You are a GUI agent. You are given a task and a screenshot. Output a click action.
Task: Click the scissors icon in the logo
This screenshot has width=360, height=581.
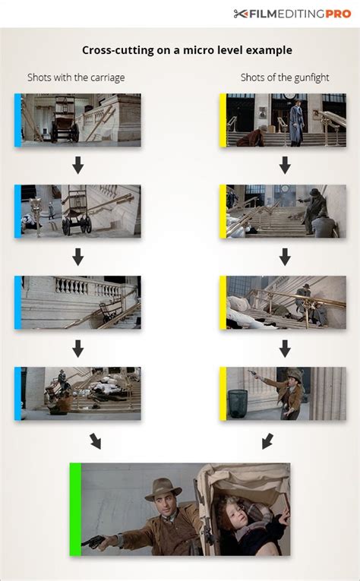click(x=241, y=14)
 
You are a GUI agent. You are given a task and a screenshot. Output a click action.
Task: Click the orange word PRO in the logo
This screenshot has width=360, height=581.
click(x=338, y=14)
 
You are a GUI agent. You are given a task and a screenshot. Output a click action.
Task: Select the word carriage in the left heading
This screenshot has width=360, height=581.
click(x=106, y=78)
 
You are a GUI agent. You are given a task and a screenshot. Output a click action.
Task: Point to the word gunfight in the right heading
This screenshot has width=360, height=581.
click(x=311, y=77)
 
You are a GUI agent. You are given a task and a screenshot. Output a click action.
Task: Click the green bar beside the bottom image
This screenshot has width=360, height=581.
click(x=75, y=509)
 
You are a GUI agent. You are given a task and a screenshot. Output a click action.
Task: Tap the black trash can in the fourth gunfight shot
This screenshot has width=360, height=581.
click(x=238, y=403)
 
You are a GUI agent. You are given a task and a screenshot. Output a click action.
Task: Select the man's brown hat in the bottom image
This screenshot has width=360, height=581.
click(x=163, y=489)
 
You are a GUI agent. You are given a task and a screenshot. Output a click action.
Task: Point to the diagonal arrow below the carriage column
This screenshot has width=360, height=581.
click(x=95, y=441)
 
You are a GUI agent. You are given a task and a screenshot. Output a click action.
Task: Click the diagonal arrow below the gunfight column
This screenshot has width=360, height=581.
click(x=267, y=441)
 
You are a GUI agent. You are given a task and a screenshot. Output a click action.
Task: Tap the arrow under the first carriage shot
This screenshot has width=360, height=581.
click(x=77, y=166)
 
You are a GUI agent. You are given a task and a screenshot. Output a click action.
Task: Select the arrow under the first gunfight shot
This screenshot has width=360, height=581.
click(x=285, y=166)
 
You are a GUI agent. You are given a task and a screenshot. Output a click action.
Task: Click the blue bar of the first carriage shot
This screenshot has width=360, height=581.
click(x=17, y=120)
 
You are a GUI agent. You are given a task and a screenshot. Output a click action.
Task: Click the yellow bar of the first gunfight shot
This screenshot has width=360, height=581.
click(x=223, y=120)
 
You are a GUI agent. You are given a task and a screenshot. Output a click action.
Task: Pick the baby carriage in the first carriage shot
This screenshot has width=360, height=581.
click(x=65, y=118)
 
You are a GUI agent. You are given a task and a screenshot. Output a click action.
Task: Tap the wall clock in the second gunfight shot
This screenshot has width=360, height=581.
click(x=285, y=188)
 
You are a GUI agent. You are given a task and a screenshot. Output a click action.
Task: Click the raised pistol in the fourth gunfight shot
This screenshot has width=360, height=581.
click(x=254, y=373)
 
